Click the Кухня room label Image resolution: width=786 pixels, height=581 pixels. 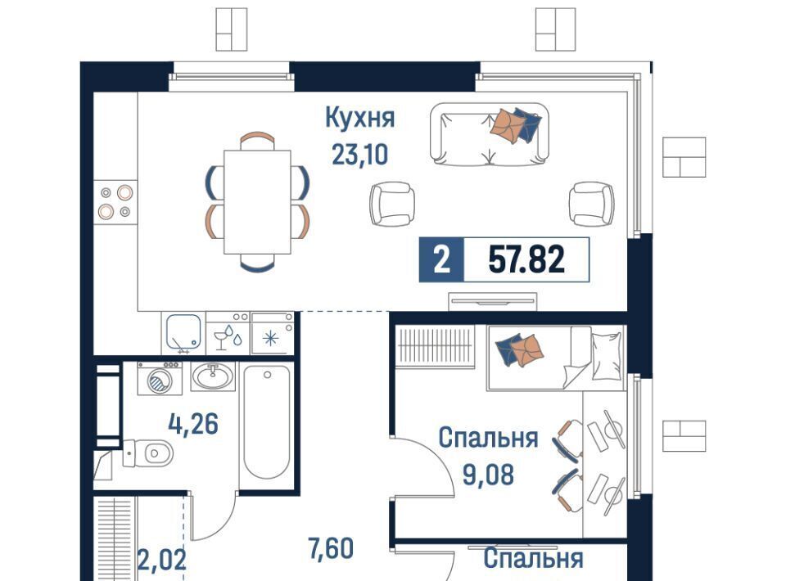click(x=360, y=118)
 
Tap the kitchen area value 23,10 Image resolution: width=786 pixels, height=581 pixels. click(x=360, y=155)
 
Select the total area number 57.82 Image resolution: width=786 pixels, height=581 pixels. click(x=526, y=259)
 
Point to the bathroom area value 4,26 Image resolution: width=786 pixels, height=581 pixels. click(x=193, y=425)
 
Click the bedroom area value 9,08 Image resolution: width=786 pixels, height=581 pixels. click(x=488, y=475)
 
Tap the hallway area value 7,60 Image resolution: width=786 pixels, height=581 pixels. click(x=331, y=548)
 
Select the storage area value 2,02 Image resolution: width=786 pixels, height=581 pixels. click(x=161, y=560)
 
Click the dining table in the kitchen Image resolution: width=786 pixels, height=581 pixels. click(x=257, y=202)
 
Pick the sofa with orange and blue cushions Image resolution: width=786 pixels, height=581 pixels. click(x=490, y=134)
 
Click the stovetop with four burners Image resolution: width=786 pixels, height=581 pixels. click(x=115, y=201)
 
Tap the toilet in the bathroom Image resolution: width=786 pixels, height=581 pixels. click(x=148, y=453)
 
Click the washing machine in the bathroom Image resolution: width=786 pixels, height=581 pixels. click(x=160, y=379)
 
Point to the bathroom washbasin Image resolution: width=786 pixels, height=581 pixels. click(x=213, y=376)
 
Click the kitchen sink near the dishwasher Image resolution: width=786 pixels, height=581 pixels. click(x=183, y=332)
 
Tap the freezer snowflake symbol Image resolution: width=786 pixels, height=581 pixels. click(x=271, y=339)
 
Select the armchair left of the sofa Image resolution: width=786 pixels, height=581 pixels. click(x=392, y=203)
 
